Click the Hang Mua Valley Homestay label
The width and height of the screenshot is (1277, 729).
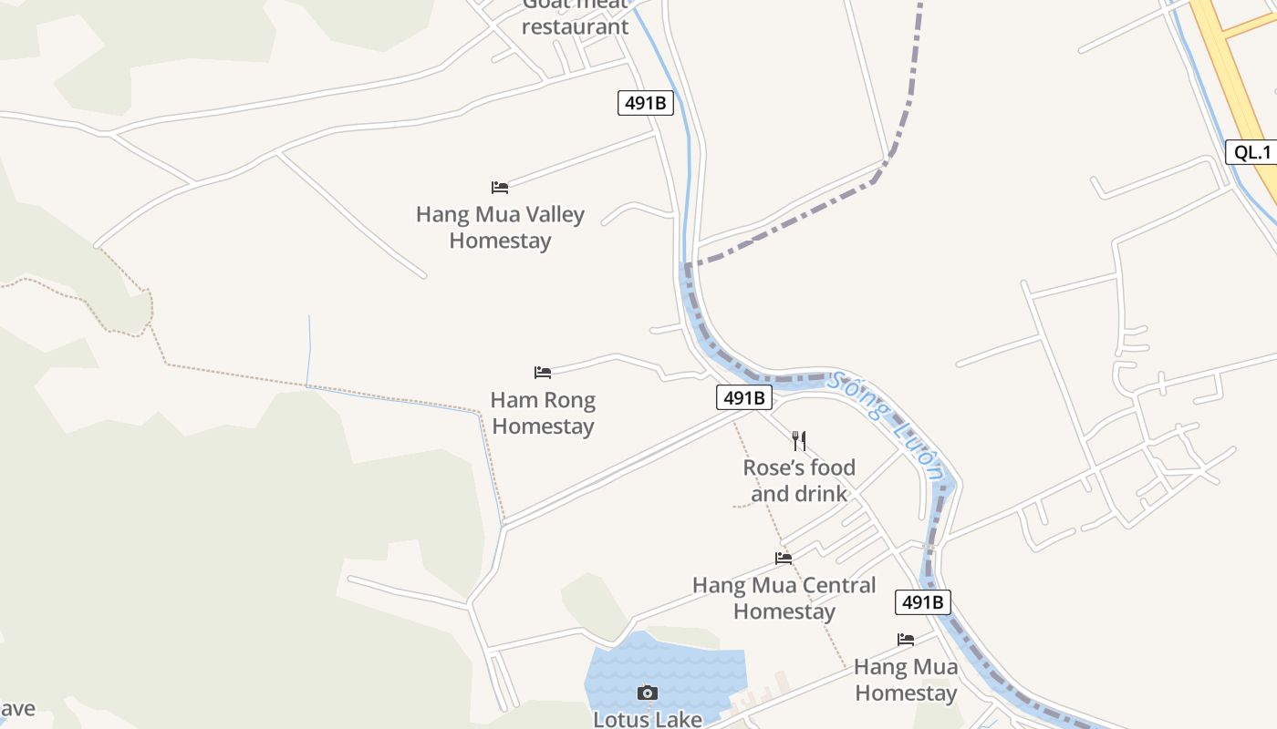pos(500,228)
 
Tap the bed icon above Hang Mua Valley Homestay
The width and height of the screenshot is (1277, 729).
pos(500,188)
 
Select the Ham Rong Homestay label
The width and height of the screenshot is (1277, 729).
pos(543,413)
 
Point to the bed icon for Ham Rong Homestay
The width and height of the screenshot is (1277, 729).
pos(543,373)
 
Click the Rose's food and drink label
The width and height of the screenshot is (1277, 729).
pos(799,480)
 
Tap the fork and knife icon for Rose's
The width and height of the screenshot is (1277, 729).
pos(799,441)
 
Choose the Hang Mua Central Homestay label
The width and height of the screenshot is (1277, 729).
pos(784,598)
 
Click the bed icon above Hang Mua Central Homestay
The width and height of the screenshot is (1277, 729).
pos(784,559)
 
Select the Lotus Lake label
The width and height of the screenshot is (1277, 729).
pos(648,719)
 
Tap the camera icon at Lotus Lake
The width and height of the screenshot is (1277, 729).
pos(648,693)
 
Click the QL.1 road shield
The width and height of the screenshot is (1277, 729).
pos(1252,152)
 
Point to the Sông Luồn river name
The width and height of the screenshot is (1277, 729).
pos(885,424)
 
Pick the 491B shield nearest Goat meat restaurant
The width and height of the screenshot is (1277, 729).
pos(646,103)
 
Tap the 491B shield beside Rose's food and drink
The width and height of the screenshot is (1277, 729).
pos(744,397)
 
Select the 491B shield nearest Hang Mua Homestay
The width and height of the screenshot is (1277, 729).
pos(923,602)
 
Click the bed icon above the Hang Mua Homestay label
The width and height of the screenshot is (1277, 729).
pos(906,640)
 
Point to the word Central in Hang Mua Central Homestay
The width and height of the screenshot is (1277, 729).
pos(831,585)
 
